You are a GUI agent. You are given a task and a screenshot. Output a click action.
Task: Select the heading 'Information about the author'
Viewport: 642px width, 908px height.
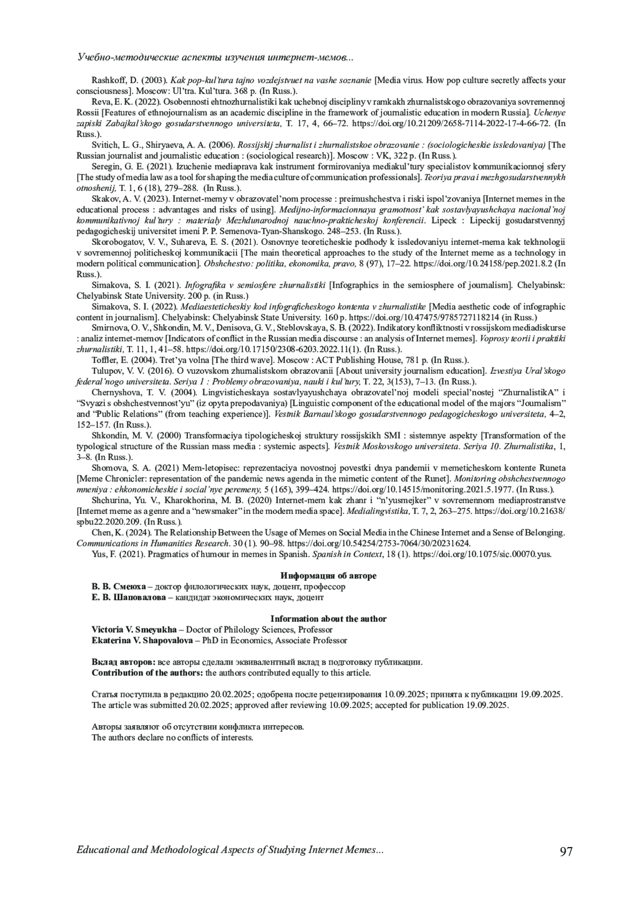[328, 619]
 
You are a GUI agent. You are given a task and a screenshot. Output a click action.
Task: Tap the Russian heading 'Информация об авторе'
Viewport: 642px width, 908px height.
[328, 576]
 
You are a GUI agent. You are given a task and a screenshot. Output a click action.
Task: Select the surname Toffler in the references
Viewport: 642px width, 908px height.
[103, 360]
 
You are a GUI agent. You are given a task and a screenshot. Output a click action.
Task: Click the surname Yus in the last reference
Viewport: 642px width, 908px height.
[98, 554]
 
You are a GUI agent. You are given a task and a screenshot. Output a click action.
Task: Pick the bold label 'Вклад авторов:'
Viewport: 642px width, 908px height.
[124, 662]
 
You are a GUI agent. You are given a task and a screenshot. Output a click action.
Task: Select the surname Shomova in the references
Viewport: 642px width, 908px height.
[107, 468]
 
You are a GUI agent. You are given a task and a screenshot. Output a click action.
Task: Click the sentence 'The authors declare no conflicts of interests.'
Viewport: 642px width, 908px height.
[172, 737]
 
